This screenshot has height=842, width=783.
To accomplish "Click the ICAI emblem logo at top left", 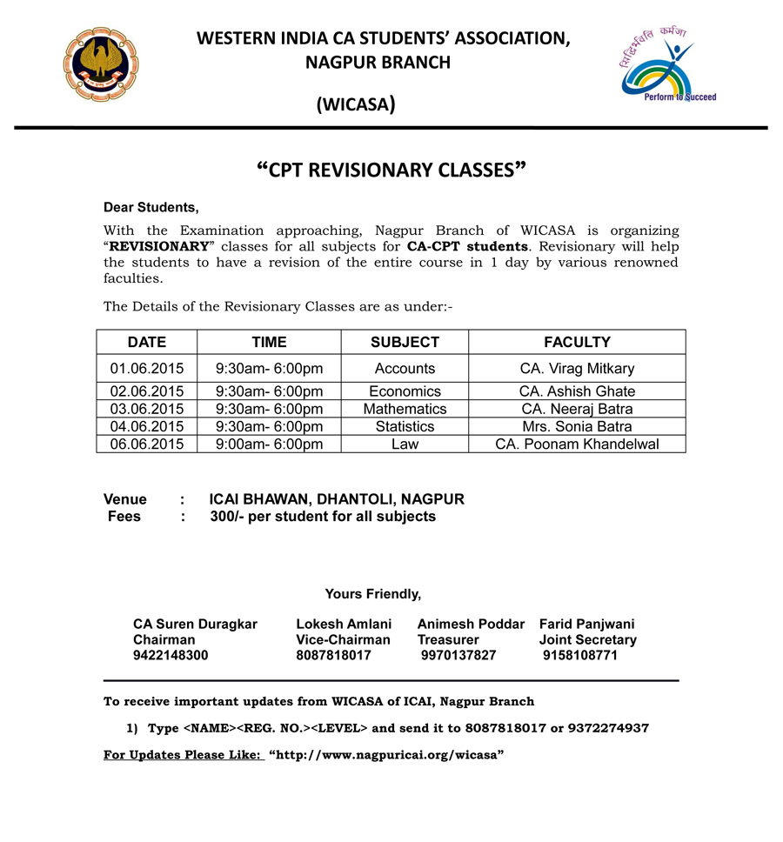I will [x=100, y=64].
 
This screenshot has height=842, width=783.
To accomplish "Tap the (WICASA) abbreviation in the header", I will [x=356, y=106].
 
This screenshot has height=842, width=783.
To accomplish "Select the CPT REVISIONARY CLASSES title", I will [x=392, y=170].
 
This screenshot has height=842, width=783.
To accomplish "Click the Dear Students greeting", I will [x=151, y=207].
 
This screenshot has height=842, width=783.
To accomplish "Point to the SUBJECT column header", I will [x=405, y=342].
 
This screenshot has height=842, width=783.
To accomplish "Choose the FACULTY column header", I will [x=577, y=342].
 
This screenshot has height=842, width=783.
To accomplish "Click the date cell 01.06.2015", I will [x=147, y=369].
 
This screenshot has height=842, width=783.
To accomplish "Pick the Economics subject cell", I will [x=405, y=391].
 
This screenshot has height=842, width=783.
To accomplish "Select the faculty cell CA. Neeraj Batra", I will [x=577, y=409].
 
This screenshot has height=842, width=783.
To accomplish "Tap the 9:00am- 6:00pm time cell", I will [x=269, y=444].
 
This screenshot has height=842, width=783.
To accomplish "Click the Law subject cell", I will [x=405, y=444].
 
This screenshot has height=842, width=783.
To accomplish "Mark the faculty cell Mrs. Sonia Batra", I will [x=577, y=426].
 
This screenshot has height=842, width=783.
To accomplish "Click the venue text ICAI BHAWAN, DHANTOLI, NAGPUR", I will [x=337, y=499].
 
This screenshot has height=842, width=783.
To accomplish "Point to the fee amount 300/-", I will [x=228, y=517].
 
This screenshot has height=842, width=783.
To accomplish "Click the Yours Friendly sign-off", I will [x=372, y=594].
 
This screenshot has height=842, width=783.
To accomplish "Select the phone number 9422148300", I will [x=171, y=656].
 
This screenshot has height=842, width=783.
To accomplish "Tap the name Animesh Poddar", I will [x=471, y=625].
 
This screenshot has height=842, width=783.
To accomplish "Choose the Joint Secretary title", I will [x=587, y=640].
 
